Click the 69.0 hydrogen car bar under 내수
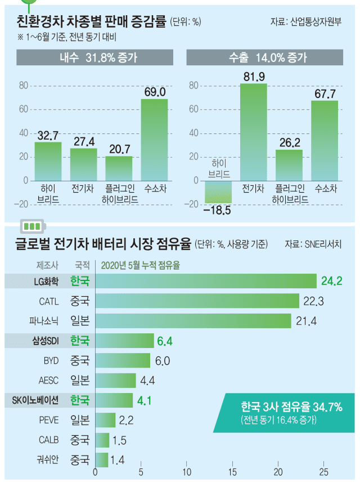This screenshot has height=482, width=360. [154, 140]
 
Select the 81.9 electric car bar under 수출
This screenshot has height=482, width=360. [253, 132]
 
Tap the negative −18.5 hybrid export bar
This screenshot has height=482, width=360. [218, 192]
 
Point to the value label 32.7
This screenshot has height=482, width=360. [48, 136]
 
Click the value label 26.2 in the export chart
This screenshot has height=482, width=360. [289, 143]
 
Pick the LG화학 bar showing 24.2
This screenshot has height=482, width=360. [206, 280]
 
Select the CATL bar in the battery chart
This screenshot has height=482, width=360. [197, 301]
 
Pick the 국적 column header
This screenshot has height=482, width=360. [83, 264]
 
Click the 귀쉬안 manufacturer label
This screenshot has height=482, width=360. [46, 459]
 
